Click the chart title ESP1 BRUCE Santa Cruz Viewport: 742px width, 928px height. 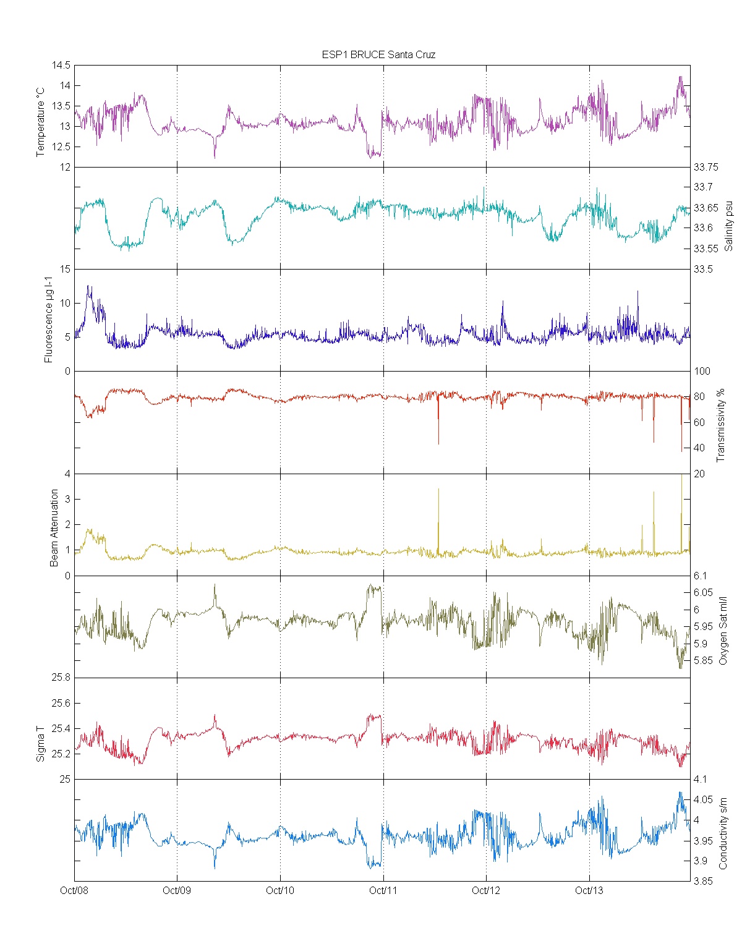pyautogui.click(x=378, y=54)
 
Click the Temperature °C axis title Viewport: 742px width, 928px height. pyautogui.click(x=41, y=122)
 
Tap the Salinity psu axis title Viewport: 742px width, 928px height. pyautogui.click(x=728, y=225)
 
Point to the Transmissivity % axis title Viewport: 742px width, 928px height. pyautogui.click(x=720, y=425)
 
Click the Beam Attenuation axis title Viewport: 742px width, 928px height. pyautogui.click(x=54, y=527)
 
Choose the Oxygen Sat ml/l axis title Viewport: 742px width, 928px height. pyautogui.click(x=723, y=631)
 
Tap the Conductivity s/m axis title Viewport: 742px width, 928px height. pyautogui.click(x=723, y=833)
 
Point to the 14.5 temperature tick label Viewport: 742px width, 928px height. pyautogui.click(x=61, y=65)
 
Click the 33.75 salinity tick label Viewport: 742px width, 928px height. pyautogui.click(x=706, y=167)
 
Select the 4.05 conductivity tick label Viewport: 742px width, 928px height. pyautogui.click(x=704, y=800)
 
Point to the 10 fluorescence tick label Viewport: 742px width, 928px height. pyautogui.click(x=66, y=303)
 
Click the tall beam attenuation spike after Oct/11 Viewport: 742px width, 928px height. pyautogui.click(x=438, y=495)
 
